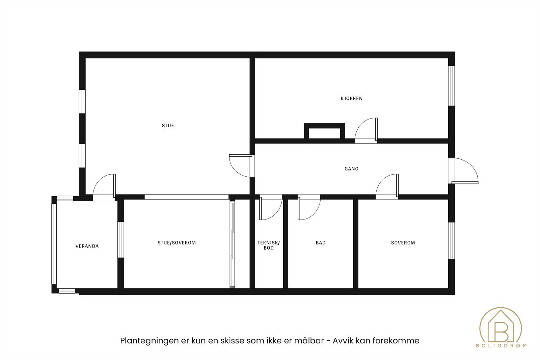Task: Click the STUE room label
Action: (168, 126)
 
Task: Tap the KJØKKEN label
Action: (351, 99)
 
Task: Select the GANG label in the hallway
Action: (351, 169)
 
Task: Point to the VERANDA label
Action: (87, 246)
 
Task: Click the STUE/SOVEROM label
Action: (177, 243)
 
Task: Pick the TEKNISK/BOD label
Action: (269, 245)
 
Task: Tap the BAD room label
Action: (321, 243)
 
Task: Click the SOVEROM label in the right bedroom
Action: (403, 243)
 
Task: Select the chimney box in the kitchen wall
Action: (324, 131)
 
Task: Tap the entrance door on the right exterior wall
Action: (466, 171)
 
